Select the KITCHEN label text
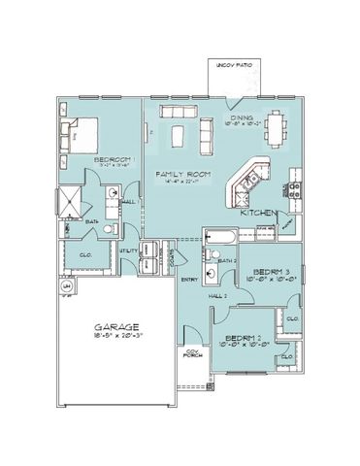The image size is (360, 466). tap(259, 211)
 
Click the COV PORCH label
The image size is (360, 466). tap(194, 355)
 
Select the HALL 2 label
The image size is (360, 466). tap(217, 294)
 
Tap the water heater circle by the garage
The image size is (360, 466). tap(67, 288)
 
